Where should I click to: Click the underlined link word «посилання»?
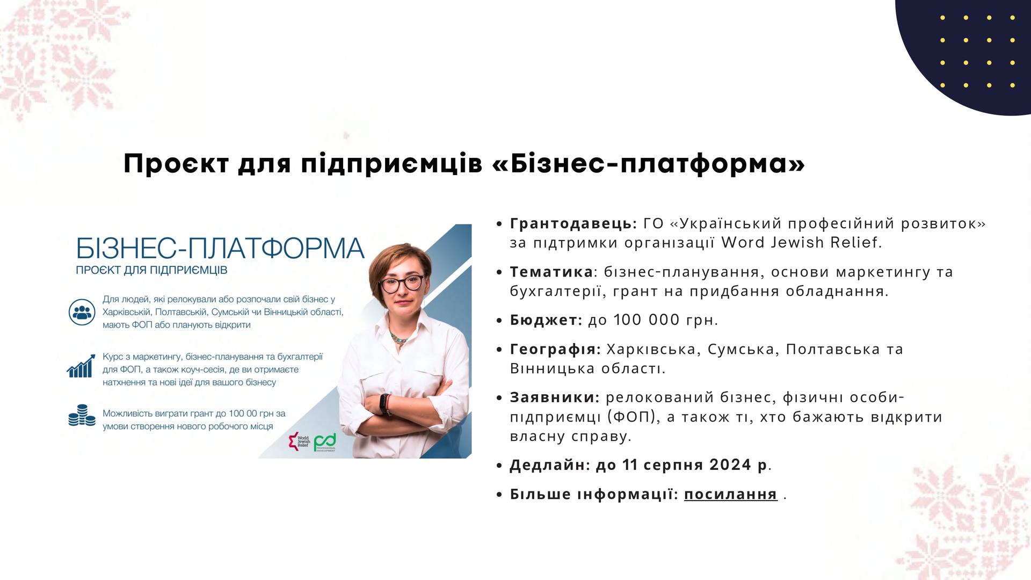click(730, 494)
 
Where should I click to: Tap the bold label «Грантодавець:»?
click(573, 223)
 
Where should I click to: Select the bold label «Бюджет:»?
click(546, 320)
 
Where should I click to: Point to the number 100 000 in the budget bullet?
click(647, 320)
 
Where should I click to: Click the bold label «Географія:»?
click(555, 350)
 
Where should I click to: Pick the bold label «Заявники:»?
click(555, 397)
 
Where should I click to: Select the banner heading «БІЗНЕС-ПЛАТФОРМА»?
click(220, 248)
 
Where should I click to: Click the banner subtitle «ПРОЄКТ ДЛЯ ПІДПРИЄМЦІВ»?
click(151, 270)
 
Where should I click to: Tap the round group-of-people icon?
click(82, 312)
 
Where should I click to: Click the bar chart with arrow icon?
click(81, 366)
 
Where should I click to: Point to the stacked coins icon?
click(82, 416)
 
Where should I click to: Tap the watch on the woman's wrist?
click(384, 404)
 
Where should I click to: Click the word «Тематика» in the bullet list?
click(551, 272)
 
